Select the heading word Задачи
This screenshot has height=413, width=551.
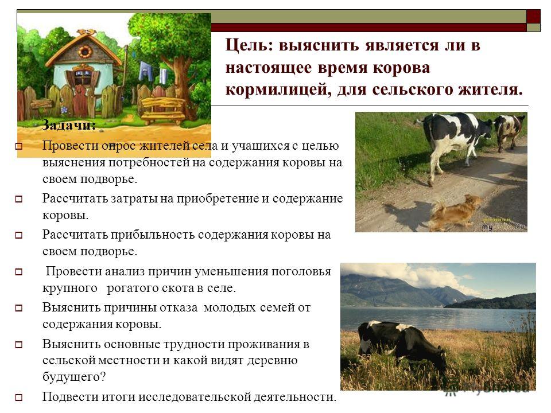(69, 124)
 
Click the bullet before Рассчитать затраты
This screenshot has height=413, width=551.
(18, 199)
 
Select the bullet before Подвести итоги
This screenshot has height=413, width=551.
(18, 398)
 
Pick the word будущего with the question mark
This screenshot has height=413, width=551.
(74, 377)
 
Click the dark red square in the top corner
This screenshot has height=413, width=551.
(533, 17)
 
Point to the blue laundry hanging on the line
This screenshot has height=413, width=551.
(145, 71)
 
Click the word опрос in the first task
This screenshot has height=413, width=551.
(118, 146)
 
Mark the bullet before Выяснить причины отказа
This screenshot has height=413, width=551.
(18, 308)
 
